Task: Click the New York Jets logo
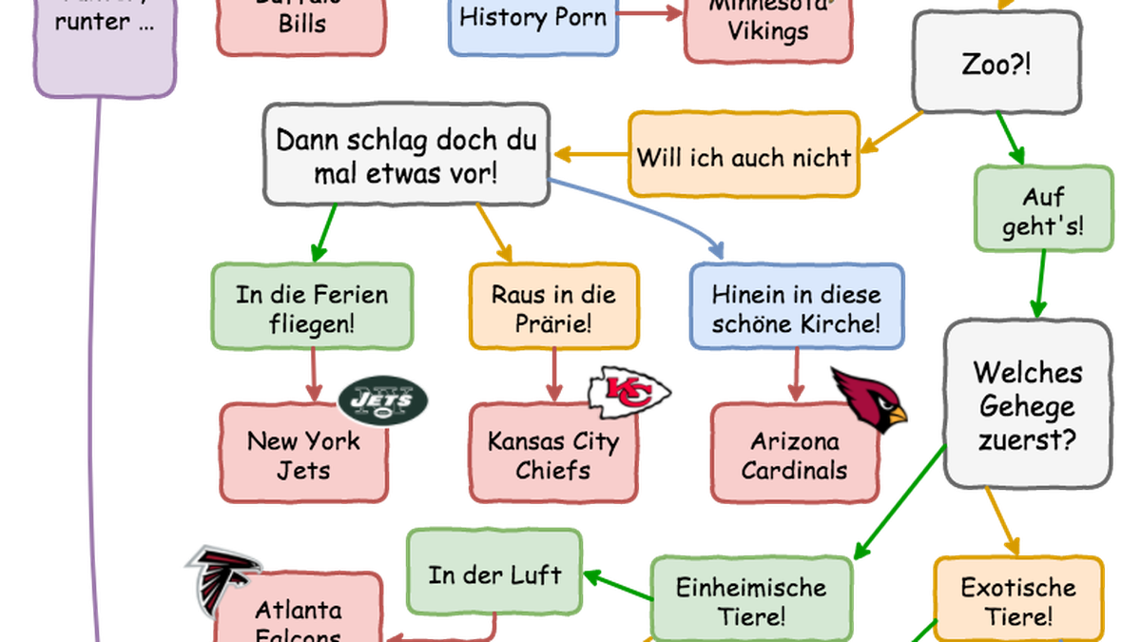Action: tap(383, 401)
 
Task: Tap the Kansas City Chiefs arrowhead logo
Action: tap(627, 392)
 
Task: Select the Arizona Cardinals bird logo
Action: tap(869, 398)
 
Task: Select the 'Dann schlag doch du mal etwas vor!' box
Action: tap(406, 156)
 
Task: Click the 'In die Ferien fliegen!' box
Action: tap(312, 307)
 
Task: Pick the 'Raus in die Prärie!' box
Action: tap(552, 307)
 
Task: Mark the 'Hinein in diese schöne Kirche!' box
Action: tap(797, 307)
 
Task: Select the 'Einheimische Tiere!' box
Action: tap(751, 599)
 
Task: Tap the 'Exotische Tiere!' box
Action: tap(1017, 599)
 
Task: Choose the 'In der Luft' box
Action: tap(494, 574)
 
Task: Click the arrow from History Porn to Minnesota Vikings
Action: tap(650, 11)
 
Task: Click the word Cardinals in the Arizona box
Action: tap(794, 469)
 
